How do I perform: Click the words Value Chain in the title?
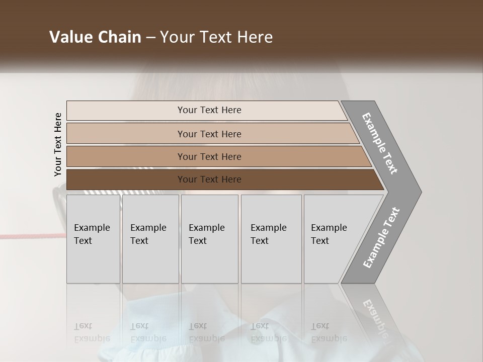(x=95, y=37)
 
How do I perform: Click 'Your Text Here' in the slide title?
(x=216, y=37)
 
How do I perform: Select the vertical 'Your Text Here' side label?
(x=58, y=144)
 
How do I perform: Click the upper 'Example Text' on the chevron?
(x=380, y=143)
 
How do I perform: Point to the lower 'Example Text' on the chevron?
(x=381, y=238)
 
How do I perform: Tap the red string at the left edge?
(x=25, y=236)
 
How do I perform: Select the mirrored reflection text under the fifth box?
(x=329, y=332)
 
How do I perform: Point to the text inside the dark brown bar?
(x=209, y=179)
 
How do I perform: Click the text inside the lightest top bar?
(x=209, y=110)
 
